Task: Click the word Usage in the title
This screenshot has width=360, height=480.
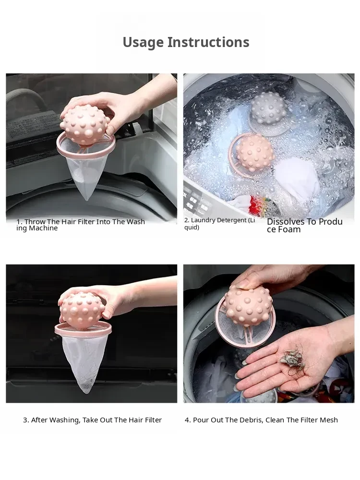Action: (x=143, y=42)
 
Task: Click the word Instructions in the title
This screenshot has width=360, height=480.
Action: (x=208, y=42)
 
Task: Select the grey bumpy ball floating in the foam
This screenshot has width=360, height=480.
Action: (x=268, y=112)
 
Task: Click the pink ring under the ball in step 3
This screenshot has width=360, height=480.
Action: (x=83, y=329)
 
